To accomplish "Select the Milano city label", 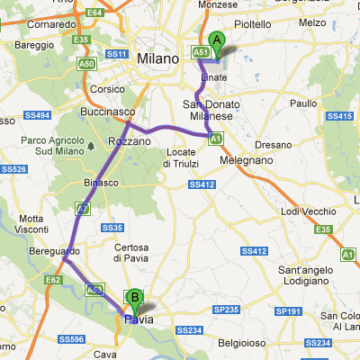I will [157, 58].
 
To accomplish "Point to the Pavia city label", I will [139, 319].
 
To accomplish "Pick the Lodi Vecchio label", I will [305, 211].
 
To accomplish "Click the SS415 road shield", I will [337, 116].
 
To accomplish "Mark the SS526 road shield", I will [13, 168].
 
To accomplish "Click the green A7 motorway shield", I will [82, 208].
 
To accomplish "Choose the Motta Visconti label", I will [31, 224].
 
